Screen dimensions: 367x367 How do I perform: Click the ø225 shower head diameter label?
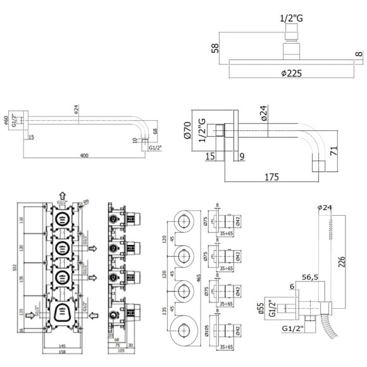pyautogui.click(x=290, y=73)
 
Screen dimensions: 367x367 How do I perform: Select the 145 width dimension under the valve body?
pyautogui.click(x=61, y=345)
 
